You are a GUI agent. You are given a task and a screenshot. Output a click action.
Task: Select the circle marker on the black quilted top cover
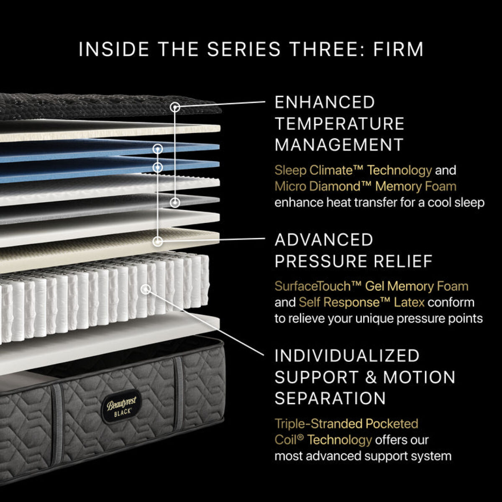(x=175, y=108)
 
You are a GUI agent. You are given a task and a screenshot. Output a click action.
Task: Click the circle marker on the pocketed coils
(x=146, y=289)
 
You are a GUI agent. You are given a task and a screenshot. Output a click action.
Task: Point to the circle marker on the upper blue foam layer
(x=158, y=149)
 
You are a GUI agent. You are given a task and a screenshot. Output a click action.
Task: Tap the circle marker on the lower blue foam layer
(x=158, y=167)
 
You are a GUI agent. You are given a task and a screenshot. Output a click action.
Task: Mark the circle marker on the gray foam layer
(x=175, y=202)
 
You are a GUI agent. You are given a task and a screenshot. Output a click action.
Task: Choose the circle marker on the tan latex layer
(x=158, y=241)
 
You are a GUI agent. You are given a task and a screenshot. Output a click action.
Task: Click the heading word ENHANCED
(x=325, y=102)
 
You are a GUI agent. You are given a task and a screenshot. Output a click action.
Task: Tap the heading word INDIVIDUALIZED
(x=347, y=356)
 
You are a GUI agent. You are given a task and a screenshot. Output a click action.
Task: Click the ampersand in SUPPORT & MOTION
(x=371, y=377)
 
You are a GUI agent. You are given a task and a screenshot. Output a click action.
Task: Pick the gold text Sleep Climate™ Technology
(x=353, y=170)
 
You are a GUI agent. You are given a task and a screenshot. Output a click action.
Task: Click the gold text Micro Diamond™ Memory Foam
(x=365, y=186)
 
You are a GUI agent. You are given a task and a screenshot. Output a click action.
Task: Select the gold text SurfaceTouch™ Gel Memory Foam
(x=371, y=286)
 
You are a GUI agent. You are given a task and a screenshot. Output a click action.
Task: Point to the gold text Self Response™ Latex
(x=361, y=302)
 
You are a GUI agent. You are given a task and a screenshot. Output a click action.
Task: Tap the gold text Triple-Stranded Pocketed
(x=346, y=423)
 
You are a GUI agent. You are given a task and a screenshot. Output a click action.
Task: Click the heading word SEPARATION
(x=330, y=398)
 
